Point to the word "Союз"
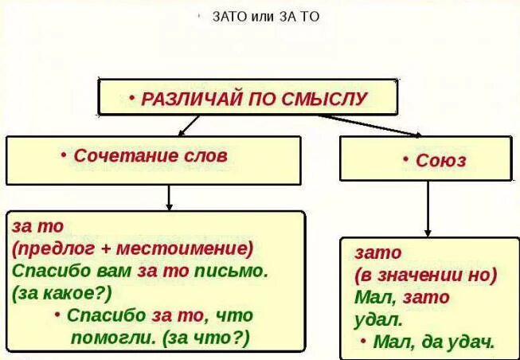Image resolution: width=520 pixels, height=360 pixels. click(x=440, y=160)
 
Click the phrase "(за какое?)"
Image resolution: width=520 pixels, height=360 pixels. click(x=62, y=292)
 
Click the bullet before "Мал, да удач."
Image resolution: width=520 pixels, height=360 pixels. click(x=364, y=341)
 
